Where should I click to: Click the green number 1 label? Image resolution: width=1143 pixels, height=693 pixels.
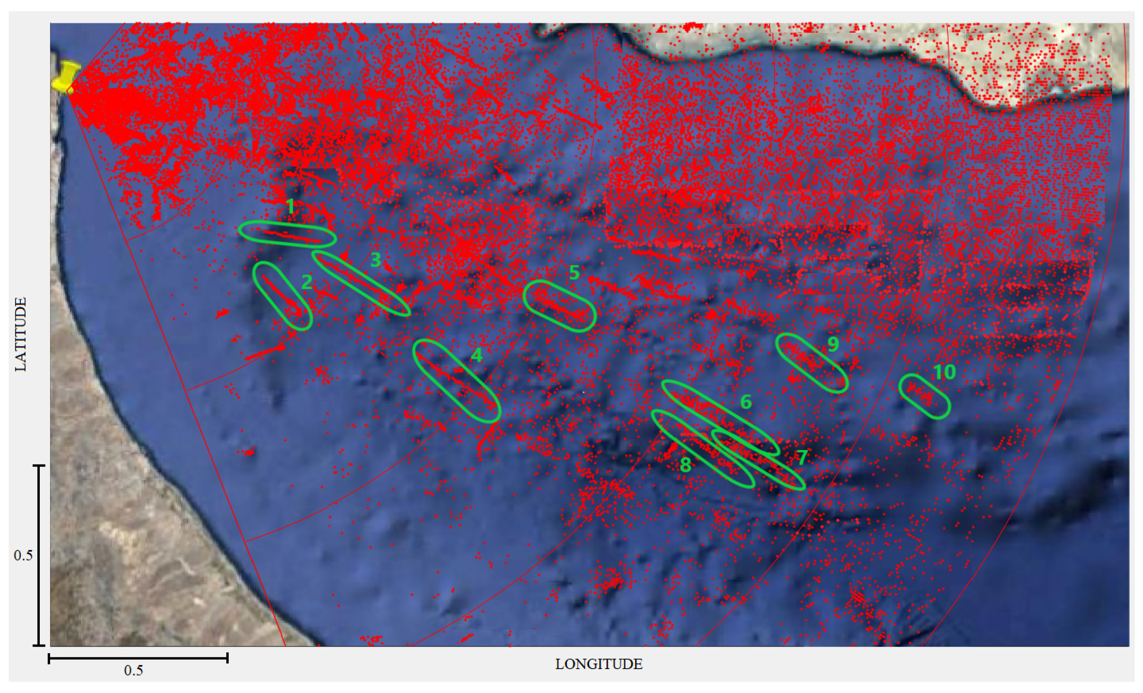290,206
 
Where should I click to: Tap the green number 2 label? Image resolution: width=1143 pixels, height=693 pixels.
306,282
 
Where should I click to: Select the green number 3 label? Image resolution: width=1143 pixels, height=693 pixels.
376,260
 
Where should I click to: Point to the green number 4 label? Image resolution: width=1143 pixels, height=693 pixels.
476,355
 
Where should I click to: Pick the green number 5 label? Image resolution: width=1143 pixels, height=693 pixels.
574,272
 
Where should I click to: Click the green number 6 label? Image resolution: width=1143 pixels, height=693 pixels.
745,402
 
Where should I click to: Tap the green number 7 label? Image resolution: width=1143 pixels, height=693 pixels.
802,457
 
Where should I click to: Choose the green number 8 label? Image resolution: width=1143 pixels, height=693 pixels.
685,465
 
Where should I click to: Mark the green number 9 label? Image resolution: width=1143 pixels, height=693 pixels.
833,344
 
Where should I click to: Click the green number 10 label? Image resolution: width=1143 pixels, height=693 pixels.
945,372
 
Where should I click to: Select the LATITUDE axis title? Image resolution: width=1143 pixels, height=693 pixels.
21,334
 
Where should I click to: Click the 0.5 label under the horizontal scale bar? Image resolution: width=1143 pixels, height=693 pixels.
133,671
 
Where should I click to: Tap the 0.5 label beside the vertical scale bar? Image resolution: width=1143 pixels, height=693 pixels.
23,555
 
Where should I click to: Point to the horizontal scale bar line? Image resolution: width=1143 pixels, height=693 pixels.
138,658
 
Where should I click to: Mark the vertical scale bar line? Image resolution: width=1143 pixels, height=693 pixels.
39,555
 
